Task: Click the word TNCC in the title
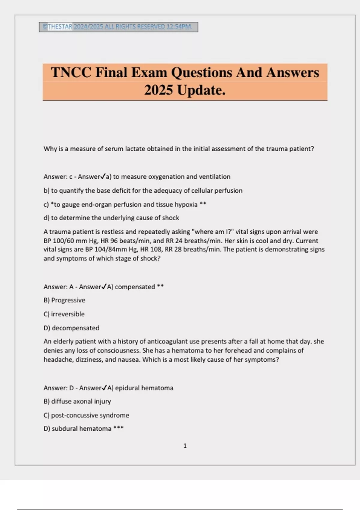pos(71,73)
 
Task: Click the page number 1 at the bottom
pos(185,446)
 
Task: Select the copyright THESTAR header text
pos(57,27)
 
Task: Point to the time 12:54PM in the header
pos(179,27)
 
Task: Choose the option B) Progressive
pos(64,300)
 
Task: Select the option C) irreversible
pos(64,314)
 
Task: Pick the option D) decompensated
pos(71,328)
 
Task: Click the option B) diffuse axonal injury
pos(77,401)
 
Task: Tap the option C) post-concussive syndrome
pos(86,415)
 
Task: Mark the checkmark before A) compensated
pos(104,287)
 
